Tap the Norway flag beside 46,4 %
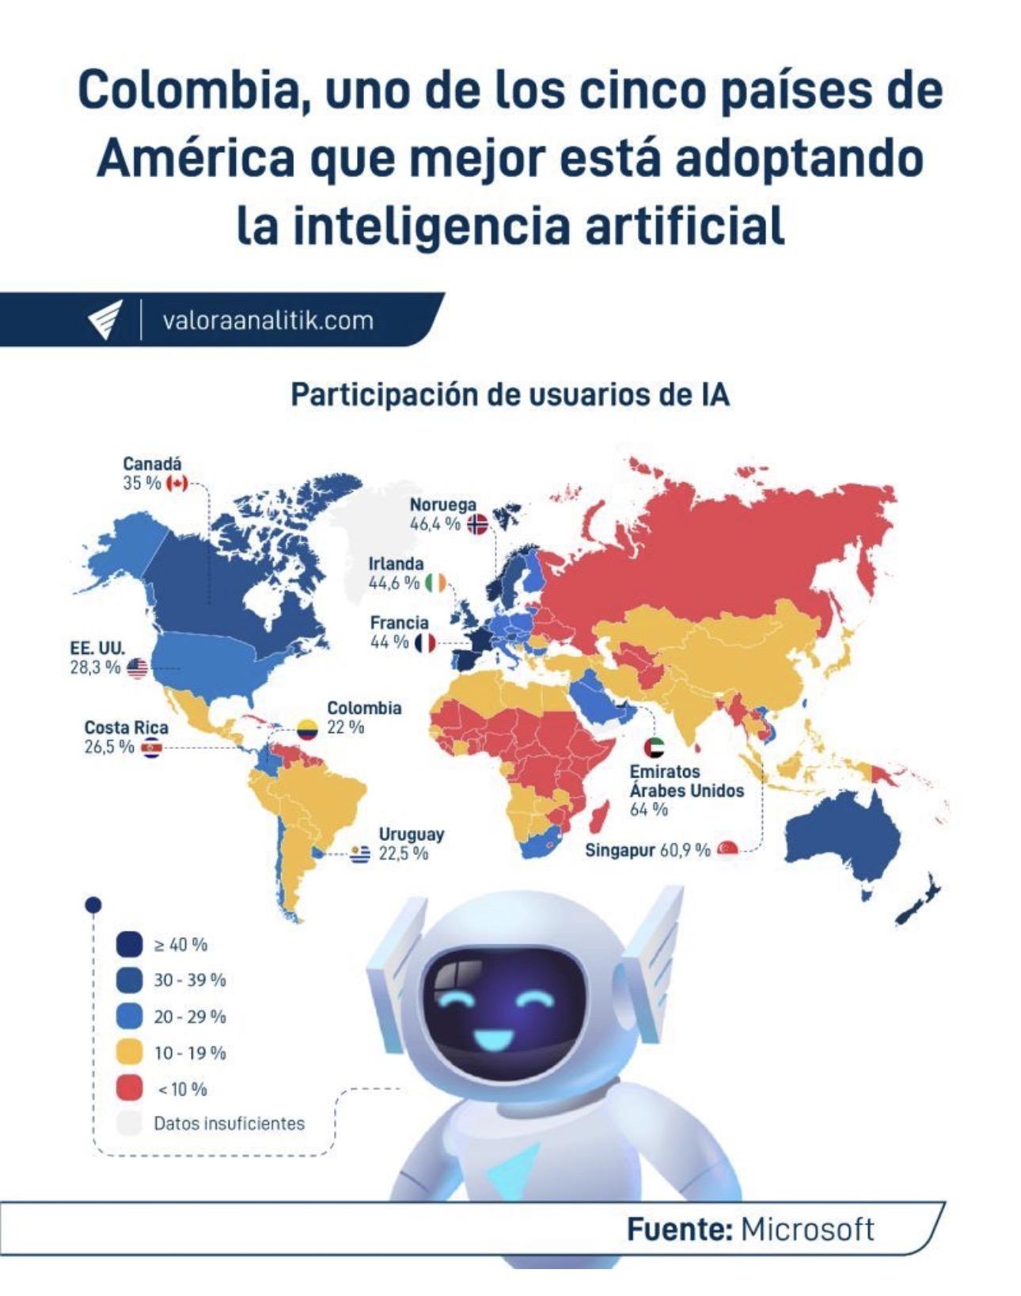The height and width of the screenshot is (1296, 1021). click(477, 524)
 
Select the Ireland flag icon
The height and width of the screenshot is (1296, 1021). click(435, 583)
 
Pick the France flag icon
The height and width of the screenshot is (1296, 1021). click(425, 642)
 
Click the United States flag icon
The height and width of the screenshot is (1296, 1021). click(138, 668)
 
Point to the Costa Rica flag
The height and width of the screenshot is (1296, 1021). click(150, 747)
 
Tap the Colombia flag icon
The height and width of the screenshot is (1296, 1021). click(307, 728)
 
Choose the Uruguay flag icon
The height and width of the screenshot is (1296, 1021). click(361, 854)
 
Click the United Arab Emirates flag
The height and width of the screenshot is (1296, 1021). click(655, 747)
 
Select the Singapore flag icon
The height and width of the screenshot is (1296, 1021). click(727, 849)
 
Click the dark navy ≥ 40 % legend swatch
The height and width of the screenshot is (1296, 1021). click(129, 944)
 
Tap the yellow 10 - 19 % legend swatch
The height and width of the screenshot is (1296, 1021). click(129, 1053)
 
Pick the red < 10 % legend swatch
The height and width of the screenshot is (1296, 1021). click(129, 1089)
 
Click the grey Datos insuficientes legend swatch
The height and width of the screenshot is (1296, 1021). click(129, 1123)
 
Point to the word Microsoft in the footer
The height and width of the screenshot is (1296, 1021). click(807, 1229)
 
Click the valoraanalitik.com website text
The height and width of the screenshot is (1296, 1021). click(268, 321)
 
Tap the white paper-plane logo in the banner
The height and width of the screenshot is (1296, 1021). click(105, 320)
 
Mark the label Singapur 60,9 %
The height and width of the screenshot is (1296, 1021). click(647, 850)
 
